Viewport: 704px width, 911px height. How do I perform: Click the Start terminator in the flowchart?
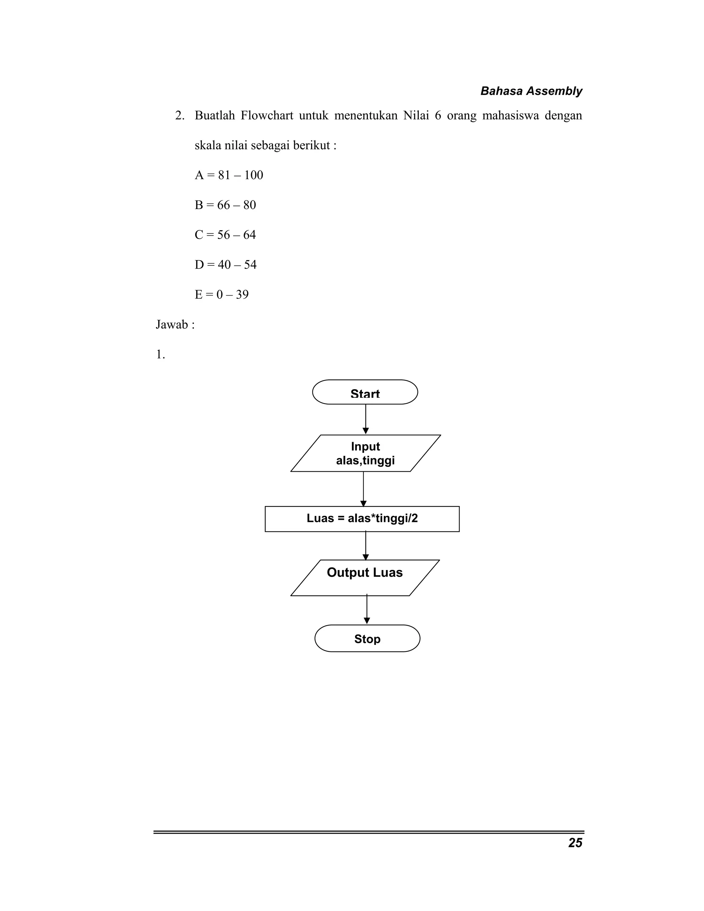pyautogui.click(x=365, y=392)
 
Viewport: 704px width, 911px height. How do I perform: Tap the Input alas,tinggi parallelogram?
pyautogui.click(x=365, y=453)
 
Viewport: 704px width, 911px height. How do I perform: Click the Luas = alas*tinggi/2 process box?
pyautogui.click(x=362, y=518)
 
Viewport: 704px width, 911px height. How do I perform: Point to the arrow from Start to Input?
pyautogui.click(x=366, y=419)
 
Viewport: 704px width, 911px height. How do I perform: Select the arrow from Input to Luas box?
pyautogui.click(x=363, y=489)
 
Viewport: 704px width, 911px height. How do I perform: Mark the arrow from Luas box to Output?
pyautogui.click(x=366, y=545)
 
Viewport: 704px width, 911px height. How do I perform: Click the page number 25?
pyautogui.click(x=575, y=843)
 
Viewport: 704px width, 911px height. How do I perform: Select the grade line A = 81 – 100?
pyautogui.click(x=229, y=175)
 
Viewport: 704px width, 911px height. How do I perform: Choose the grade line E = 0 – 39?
pyautogui.click(x=221, y=295)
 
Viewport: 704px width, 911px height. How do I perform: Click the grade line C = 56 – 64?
pyautogui.click(x=225, y=235)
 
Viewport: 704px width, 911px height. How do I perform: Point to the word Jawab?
pyautogui.click(x=172, y=325)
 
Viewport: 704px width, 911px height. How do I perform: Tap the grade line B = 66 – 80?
pyautogui.click(x=225, y=205)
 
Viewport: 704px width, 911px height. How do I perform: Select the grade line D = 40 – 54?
pyautogui.click(x=225, y=265)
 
